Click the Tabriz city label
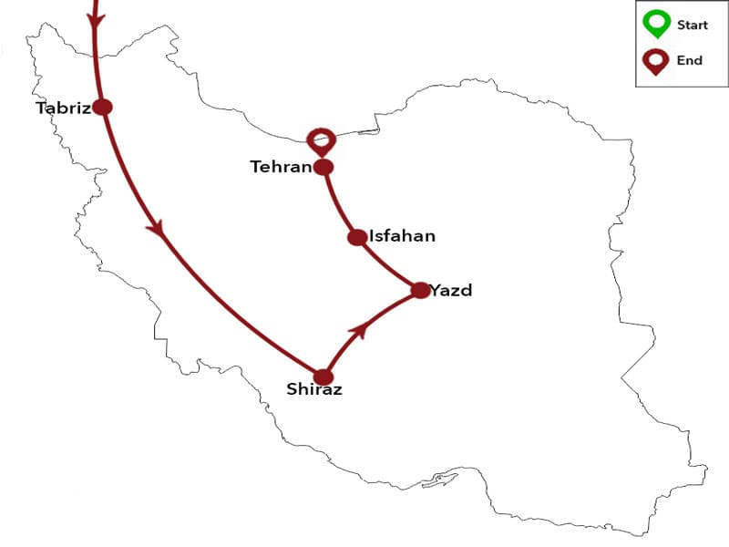click(x=63, y=108)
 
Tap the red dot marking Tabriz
click(x=103, y=107)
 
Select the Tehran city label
click(x=281, y=167)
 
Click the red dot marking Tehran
click(x=323, y=167)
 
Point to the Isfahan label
click(x=402, y=236)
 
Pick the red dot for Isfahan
click(x=357, y=237)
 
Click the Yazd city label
click(x=453, y=291)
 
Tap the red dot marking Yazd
click(x=419, y=291)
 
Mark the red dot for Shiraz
click(x=323, y=377)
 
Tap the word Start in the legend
click(x=693, y=26)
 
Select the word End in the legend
click(x=690, y=61)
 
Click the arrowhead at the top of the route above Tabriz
click(x=95, y=18)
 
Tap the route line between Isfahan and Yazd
click(x=390, y=267)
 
